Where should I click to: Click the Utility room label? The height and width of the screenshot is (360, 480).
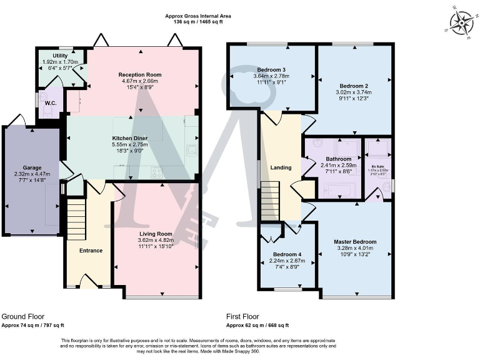(61, 56)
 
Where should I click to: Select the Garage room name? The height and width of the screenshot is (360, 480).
(32, 168)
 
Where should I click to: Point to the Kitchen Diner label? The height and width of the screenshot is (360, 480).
(130, 137)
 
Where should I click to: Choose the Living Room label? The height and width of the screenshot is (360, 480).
(156, 234)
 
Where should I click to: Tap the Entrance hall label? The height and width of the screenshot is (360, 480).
(91, 251)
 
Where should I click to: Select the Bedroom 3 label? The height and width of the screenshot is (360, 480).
(271, 69)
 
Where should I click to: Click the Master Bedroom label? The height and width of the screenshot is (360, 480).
(355, 242)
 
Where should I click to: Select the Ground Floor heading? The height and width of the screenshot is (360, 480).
(23, 316)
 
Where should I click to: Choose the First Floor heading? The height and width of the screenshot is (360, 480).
(242, 316)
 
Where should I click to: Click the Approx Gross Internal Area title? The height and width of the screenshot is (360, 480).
(194, 16)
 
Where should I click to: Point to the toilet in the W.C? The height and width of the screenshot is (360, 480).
(47, 109)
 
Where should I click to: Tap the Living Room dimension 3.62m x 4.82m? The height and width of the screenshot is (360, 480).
(156, 240)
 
